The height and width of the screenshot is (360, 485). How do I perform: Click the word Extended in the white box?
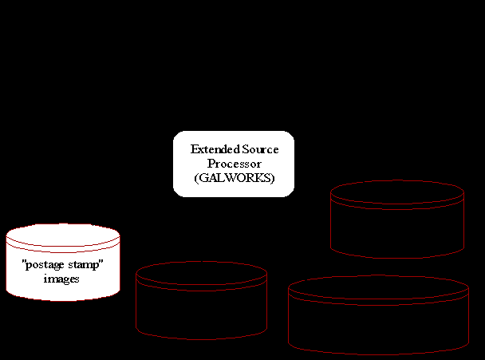click(211, 150)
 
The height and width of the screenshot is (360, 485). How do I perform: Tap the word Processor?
click(234, 164)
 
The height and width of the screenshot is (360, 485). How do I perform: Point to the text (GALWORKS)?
click(234, 178)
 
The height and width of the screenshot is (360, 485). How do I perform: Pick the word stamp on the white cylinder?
click(87, 266)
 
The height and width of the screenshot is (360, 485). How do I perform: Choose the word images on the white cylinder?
click(62, 279)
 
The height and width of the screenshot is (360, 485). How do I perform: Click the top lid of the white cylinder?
click(63, 235)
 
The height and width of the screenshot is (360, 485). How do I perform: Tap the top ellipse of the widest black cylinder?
click(378, 288)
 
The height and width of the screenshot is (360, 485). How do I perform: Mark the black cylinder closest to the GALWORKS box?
click(397, 224)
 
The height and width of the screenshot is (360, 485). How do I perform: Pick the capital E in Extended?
click(194, 150)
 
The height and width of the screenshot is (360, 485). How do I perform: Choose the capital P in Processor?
click(211, 164)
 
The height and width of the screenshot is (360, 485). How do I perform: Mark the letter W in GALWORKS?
click(233, 178)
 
